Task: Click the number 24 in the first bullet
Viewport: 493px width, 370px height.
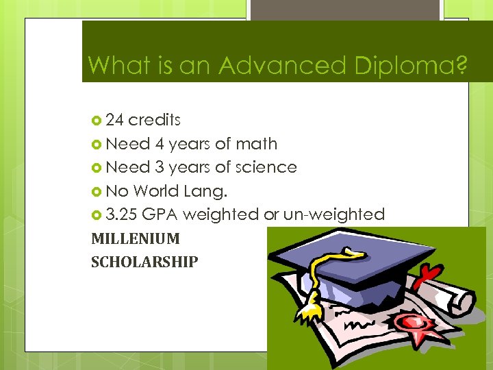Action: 115,120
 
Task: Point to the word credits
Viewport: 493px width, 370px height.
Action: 155,120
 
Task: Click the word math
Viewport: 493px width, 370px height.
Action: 256,144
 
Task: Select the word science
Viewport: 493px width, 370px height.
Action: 266,167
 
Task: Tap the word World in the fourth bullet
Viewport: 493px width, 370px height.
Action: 157,190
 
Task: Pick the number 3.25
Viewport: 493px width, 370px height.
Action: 122,214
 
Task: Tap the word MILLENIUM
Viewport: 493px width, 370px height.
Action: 136,239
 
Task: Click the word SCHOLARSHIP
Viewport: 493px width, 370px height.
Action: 144,262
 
